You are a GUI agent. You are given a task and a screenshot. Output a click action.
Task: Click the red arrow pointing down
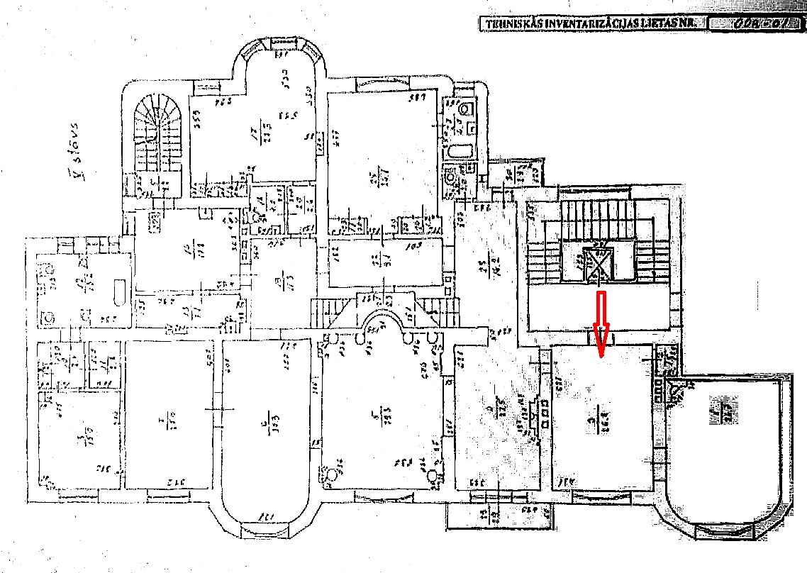[601, 323]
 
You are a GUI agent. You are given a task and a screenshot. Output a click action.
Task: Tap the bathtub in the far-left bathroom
[118, 291]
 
